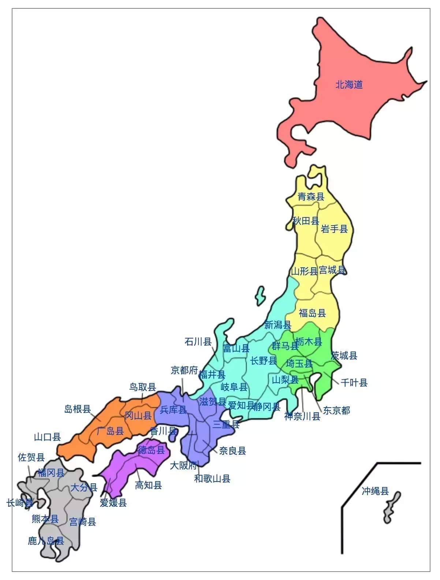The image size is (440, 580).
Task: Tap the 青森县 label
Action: (x=311, y=197)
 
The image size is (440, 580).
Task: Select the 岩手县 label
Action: (x=334, y=229)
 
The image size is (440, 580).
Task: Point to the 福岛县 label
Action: (x=312, y=313)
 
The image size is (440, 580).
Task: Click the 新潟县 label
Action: (x=277, y=325)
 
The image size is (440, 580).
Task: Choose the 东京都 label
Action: (x=336, y=410)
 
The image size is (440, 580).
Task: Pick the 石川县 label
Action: (x=198, y=342)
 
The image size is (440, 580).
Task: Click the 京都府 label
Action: (x=184, y=371)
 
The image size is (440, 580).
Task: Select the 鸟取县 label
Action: (x=142, y=387)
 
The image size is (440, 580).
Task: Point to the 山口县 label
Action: (x=47, y=437)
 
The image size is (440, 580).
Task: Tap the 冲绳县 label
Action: (x=375, y=491)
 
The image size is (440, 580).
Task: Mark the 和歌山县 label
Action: (x=212, y=479)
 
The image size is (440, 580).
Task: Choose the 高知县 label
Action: (x=148, y=486)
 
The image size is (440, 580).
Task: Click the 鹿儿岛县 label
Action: (x=46, y=541)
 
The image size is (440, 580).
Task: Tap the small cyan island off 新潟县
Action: (x=260, y=295)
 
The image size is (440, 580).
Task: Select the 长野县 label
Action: (x=263, y=361)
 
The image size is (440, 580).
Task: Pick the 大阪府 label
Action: (x=183, y=465)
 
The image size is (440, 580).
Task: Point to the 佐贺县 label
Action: (x=31, y=457)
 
